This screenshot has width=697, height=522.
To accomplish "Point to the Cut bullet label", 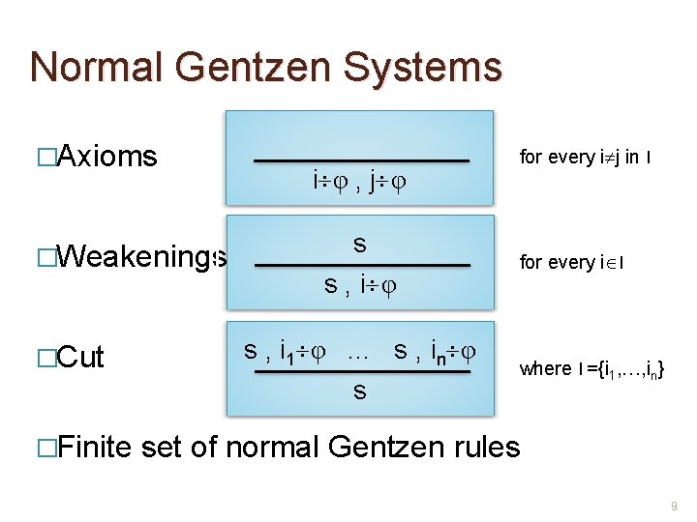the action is pyautogui.click(x=81, y=357).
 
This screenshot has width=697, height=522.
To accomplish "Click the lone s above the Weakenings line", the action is pyautogui.click(x=359, y=245).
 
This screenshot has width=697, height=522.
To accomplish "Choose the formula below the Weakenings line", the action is pyautogui.click(x=361, y=285).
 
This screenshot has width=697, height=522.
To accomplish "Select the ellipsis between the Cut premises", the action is pyautogui.click(x=358, y=352).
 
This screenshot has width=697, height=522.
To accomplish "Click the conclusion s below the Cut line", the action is pyautogui.click(x=359, y=391).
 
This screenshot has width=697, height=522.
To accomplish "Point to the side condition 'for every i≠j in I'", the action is pyautogui.click(x=584, y=156).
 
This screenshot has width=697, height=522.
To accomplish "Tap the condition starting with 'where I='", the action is pyautogui.click(x=591, y=368).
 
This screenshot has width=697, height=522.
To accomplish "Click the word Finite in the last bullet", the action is pyautogui.click(x=97, y=447).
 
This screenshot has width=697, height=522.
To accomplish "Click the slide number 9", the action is pyautogui.click(x=676, y=506).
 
